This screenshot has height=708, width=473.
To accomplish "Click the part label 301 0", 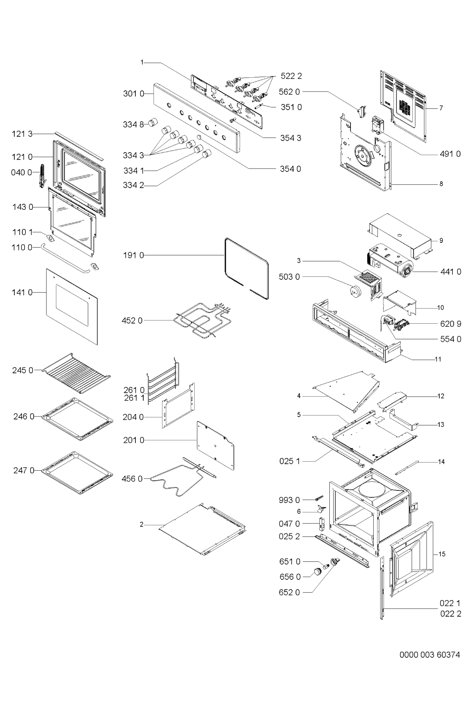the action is [x=133, y=94].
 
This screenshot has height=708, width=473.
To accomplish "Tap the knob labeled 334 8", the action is [x=154, y=122].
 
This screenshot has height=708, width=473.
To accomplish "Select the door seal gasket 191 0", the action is [x=247, y=269].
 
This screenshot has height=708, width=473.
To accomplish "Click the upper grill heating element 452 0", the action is [x=202, y=320].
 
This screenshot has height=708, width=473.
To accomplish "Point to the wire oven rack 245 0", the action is [x=76, y=373].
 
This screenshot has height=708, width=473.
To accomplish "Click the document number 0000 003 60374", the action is [x=430, y=655].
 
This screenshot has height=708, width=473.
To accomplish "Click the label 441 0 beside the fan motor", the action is [x=451, y=272].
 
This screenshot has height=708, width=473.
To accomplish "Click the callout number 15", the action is [x=442, y=554].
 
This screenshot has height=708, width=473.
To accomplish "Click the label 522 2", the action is [x=291, y=76].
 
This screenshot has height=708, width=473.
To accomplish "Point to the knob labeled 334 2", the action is [x=207, y=153].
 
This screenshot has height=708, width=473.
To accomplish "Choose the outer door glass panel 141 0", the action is [x=72, y=306].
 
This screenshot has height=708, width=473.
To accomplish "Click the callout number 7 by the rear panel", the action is [x=441, y=108].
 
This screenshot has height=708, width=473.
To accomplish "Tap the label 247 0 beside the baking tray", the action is [x=24, y=471].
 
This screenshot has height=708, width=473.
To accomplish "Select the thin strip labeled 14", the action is [x=407, y=468].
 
